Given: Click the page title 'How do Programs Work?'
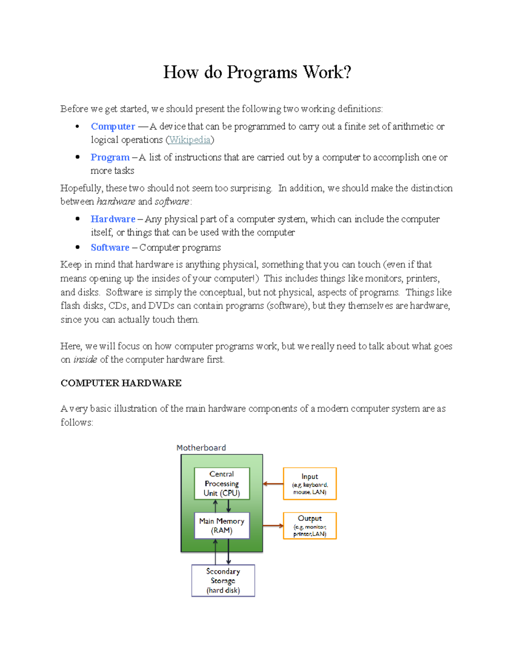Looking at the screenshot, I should click(x=257, y=72).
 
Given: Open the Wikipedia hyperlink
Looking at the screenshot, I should click(x=190, y=140).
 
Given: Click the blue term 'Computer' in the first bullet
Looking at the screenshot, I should click(x=113, y=127).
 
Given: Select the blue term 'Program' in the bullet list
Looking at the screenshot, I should click(x=110, y=157).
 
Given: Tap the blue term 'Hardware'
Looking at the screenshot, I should click(x=113, y=219).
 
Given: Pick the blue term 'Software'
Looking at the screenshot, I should click(x=110, y=247).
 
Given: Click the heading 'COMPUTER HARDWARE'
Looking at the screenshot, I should click(x=121, y=383).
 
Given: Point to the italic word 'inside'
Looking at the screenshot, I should click(x=85, y=359).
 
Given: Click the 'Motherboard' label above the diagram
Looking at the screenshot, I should click(x=201, y=448).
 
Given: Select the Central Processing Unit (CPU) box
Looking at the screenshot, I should click(x=222, y=484).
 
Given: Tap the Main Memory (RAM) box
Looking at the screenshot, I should click(x=222, y=526).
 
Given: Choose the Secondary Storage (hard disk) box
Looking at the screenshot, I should click(x=223, y=581).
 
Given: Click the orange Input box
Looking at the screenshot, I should click(x=310, y=484).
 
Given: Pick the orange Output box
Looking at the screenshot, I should click(x=310, y=526).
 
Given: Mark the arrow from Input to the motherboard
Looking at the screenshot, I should click(x=273, y=484).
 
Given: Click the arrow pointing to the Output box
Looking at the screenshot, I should click(x=273, y=526).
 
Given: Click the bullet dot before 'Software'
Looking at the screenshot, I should click(x=78, y=247).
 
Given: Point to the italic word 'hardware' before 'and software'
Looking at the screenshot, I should click(x=116, y=202).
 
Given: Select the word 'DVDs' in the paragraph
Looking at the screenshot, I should click(x=161, y=306).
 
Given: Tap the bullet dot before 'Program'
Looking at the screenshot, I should click(x=78, y=157).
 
